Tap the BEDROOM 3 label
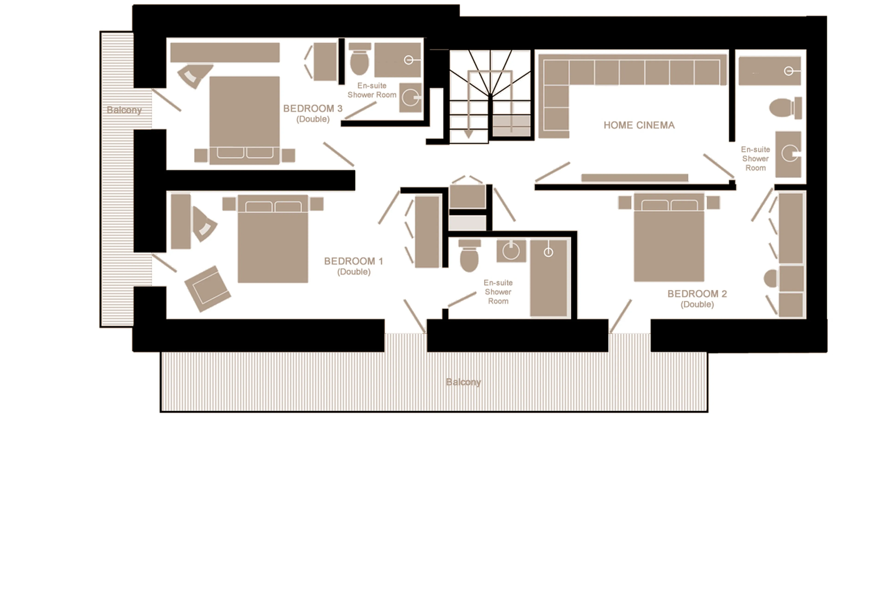[312, 109]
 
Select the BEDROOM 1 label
[353, 261]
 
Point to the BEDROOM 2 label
[697, 294]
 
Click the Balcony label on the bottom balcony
[463, 382]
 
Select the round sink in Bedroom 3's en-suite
[410, 98]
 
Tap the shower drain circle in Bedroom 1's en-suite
[548, 252]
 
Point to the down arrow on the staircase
[468, 134]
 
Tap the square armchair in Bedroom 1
[207, 288]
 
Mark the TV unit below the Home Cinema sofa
[634, 177]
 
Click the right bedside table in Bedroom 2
[713, 202]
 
